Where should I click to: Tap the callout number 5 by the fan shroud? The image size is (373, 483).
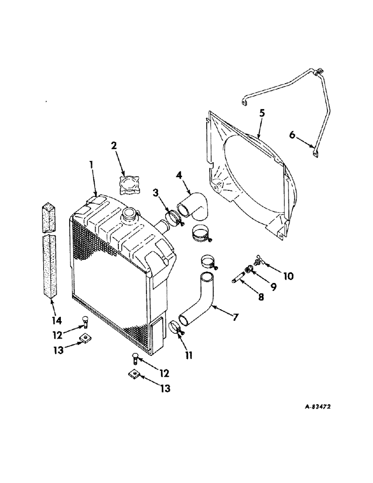tap(261, 114)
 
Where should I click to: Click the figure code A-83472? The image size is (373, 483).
tap(313, 407)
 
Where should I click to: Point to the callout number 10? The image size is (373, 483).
tap(288, 276)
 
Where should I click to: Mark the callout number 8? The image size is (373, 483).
tap(261, 297)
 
